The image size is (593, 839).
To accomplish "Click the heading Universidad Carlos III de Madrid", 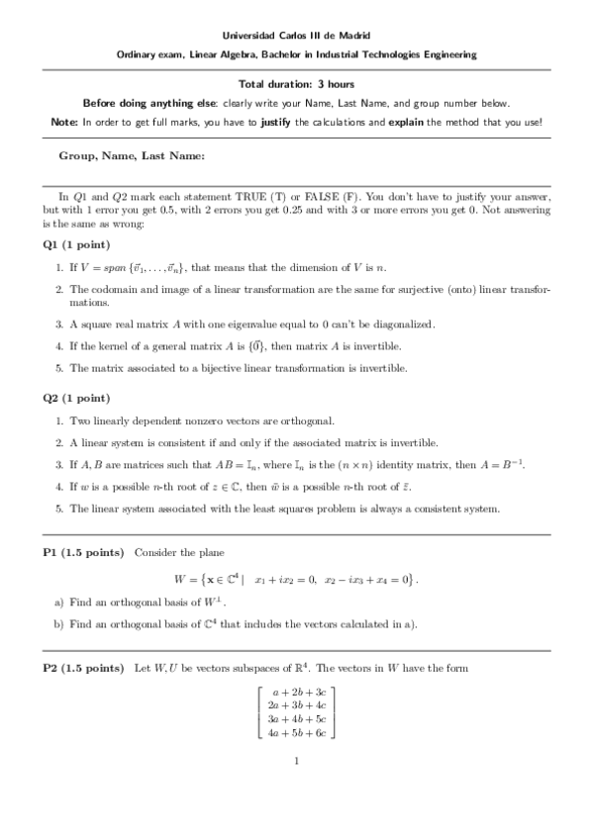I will pos(296,37).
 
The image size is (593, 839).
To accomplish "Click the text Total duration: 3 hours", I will pos(296,85).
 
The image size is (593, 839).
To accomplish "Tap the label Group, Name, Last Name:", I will pos(132,155).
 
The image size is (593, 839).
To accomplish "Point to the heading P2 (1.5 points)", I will pos(83,669).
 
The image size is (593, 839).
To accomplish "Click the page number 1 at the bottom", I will pos(296,761).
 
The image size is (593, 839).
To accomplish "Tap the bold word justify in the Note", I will pos(274,122).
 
